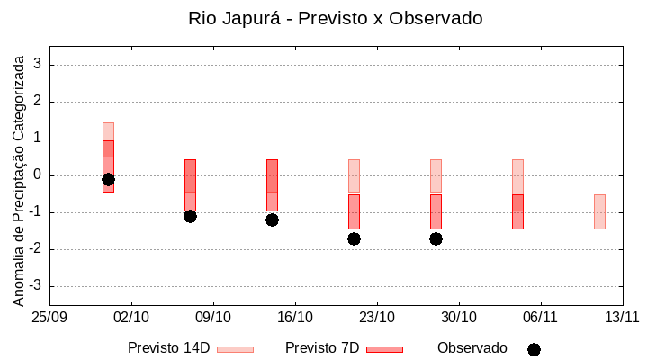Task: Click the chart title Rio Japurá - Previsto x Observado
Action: pos(336,18)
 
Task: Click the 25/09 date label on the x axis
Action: pos(49,317)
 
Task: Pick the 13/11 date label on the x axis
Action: pos(622,317)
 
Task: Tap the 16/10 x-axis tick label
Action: pos(295,317)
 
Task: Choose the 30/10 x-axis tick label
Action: pos(459,317)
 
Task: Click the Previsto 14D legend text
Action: pos(169,348)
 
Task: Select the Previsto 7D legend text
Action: pos(322,348)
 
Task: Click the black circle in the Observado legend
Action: pos(534,349)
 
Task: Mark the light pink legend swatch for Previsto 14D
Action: pos(235,349)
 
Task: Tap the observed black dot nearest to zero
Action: pos(108,179)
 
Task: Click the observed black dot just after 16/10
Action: pos(354,238)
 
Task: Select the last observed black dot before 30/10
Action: pos(436,238)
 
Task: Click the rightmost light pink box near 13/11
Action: pos(599,211)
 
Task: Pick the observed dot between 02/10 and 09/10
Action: pos(190,216)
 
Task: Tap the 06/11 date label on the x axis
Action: pos(540,317)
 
